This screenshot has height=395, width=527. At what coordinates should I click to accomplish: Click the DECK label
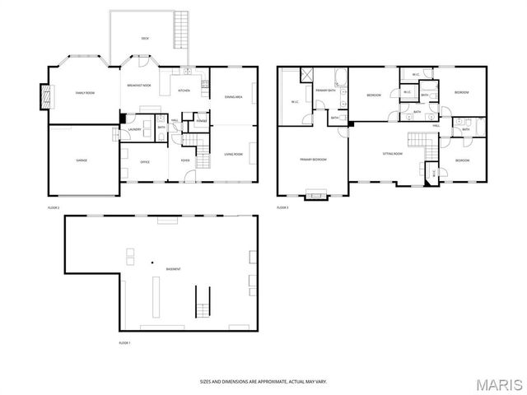tap(145, 38)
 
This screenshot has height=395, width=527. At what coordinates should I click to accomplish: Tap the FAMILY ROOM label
tap(86, 94)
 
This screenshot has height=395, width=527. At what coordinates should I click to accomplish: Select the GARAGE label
tap(82, 160)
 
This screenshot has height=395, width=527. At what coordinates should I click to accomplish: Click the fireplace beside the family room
tap(46, 96)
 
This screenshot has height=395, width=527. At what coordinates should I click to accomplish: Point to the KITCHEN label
tap(184, 91)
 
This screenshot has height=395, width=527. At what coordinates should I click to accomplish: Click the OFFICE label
tap(145, 161)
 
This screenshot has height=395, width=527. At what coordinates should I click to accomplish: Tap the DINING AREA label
tap(233, 97)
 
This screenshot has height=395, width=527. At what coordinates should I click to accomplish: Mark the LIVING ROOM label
tap(233, 154)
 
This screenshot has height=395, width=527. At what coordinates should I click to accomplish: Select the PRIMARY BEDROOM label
tap(314, 159)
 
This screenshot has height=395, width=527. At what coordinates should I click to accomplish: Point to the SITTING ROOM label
tap(392, 153)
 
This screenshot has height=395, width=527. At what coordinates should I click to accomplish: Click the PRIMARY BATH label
tap(324, 90)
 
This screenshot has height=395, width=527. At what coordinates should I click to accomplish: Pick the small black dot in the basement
tap(152, 263)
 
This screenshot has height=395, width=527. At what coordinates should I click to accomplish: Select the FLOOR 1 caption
tap(124, 342)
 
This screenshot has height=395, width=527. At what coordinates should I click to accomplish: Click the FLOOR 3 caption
tap(282, 207)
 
